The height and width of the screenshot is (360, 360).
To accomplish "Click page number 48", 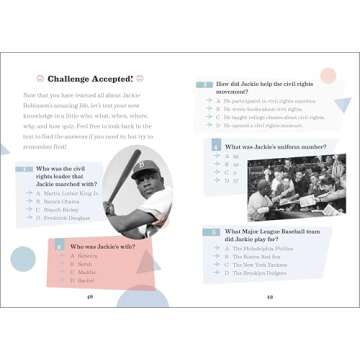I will pos(90,297).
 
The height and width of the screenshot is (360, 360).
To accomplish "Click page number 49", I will pos(269,297).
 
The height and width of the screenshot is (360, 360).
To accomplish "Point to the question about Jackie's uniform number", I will pos(264,145).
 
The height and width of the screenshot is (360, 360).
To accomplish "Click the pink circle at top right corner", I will pos(328,76).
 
